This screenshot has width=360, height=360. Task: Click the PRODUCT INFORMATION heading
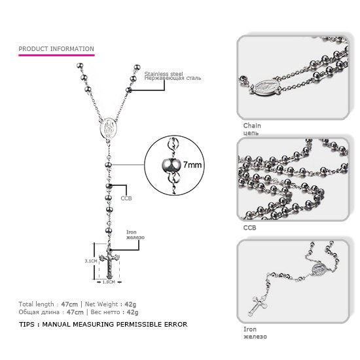(x=56, y=48)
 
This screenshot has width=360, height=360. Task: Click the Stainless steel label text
(x=163, y=74)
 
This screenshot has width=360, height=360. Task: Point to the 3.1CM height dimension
(x=92, y=260)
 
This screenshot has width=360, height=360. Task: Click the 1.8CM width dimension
(x=109, y=282)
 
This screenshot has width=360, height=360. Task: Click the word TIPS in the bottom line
(x=27, y=324)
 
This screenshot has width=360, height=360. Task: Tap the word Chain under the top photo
(x=252, y=125)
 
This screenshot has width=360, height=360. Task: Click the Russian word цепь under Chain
(x=251, y=133)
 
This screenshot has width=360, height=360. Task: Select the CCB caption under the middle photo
(x=249, y=228)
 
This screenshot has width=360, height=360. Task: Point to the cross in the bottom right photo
(x=259, y=302)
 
